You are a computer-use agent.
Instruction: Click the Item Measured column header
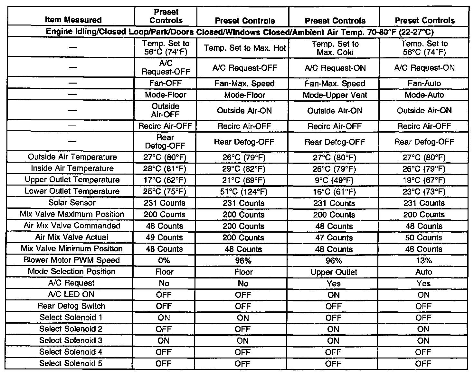click(73, 20)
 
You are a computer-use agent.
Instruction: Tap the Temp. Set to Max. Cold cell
click(335, 48)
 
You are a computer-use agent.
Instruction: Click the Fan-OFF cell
click(166, 83)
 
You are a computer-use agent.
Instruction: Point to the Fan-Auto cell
click(424, 83)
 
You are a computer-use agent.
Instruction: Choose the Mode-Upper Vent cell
click(335, 95)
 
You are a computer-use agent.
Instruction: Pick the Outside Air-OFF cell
click(166, 110)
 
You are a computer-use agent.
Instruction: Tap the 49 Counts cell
click(164, 237)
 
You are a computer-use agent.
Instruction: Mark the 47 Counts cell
click(334, 238)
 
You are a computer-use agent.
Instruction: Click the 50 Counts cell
click(424, 238)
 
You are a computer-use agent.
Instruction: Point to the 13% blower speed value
click(424, 261)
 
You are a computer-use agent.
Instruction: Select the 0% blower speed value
click(164, 261)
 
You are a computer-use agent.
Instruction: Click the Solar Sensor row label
click(72, 203)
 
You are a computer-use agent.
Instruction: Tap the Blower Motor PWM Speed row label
click(71, 260)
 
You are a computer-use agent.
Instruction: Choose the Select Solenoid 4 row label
click(71, 352)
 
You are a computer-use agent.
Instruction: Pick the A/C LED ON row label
click(71, 294)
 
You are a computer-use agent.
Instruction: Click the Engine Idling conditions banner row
click(240, 32)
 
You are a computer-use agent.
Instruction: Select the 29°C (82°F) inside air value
click(244, 169)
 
